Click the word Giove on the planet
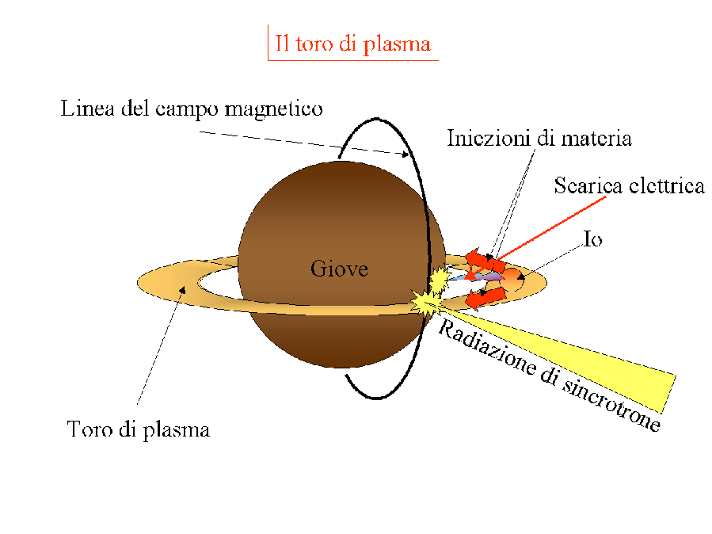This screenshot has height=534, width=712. point(339,269)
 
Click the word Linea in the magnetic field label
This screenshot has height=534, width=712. point(84,109)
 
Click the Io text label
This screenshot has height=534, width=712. point(592,238)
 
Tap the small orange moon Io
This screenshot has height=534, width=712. point(512,277)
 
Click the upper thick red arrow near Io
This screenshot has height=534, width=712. point(481,259)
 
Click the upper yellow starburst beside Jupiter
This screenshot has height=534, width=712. point(437,279)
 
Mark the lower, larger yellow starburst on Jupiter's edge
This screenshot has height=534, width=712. point(425,303)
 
